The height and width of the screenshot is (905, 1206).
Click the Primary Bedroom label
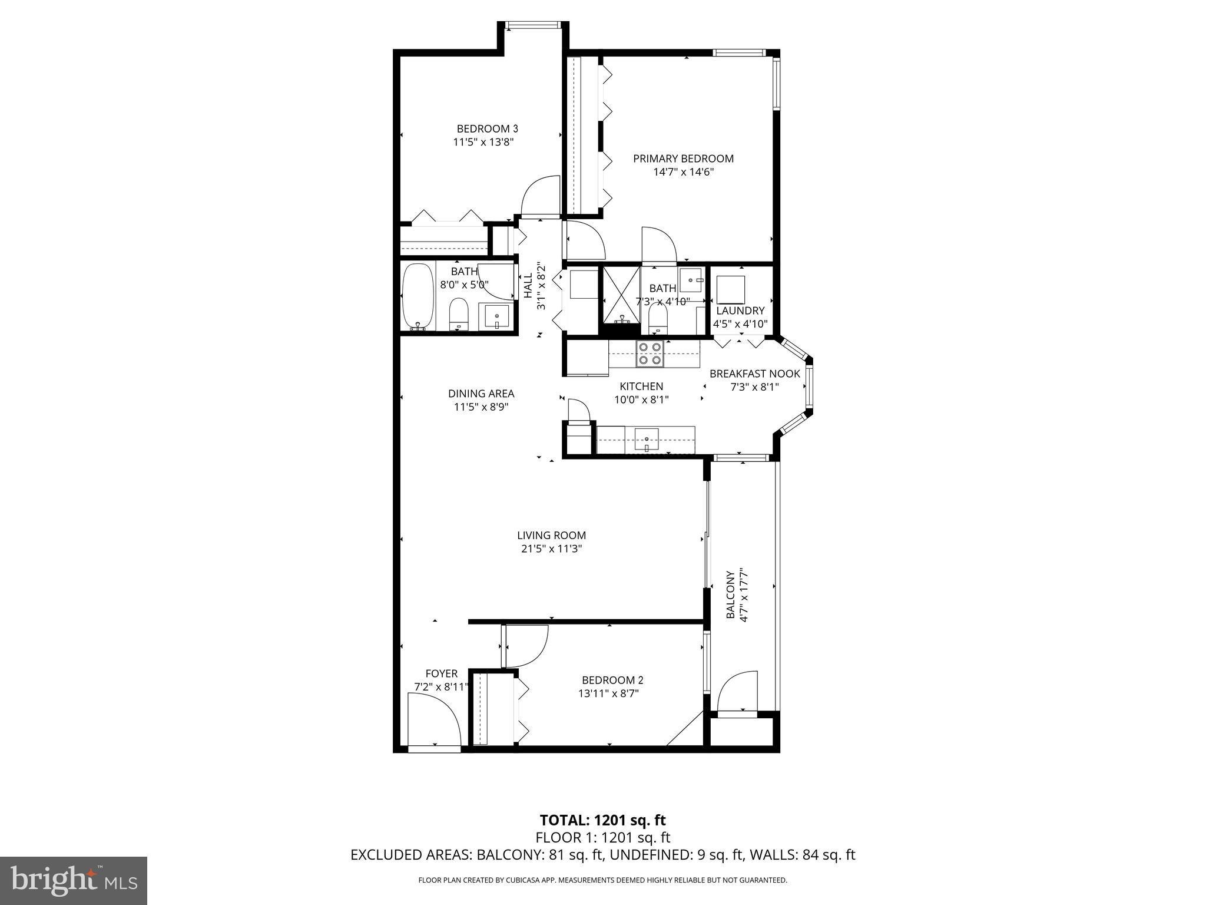(683, 158)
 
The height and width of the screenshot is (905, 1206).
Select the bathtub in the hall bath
(418, 297)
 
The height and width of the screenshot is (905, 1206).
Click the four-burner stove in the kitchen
(650, 354)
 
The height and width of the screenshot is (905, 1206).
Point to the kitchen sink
(646, 439)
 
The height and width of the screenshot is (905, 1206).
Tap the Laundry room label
(740, 311)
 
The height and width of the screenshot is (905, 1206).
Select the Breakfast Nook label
(754, 374)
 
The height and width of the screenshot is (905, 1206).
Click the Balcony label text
(730, 594)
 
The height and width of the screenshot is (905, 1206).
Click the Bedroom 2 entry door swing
(526, 645)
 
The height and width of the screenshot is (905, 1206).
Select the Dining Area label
(481, 394)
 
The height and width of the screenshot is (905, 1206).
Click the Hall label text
(528, 285)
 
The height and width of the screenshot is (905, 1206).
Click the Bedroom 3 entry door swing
(540, 197)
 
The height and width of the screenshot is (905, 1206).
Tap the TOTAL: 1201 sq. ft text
(602, 820)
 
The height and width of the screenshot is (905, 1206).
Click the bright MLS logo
(74, 880)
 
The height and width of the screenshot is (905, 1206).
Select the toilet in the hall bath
(458, 315)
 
